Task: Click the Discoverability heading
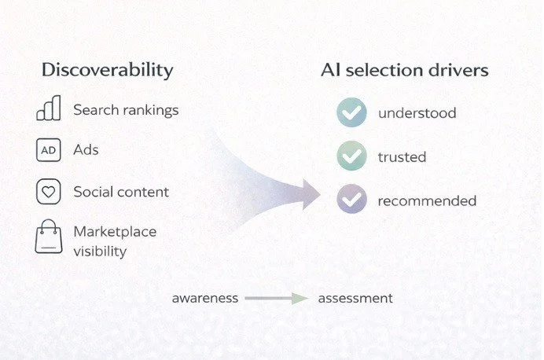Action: coord(107,70)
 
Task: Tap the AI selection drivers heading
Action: coord(404,70)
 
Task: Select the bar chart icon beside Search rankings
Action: coord(48,109)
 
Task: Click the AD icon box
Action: coord(48,149)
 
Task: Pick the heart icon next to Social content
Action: coord(48,191)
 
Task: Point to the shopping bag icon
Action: coord(48,237)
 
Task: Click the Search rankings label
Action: coord(126,110)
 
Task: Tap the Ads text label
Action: coord(86,149)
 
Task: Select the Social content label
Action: coord(121,192)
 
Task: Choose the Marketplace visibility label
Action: coord(115,241)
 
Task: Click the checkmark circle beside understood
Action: coord(351,113)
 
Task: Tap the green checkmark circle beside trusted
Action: coord(351,156)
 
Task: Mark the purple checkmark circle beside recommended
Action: coord(351,200)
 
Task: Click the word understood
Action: coord(417,113)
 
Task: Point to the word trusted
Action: coord(402,157)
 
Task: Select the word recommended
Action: coord(427,200)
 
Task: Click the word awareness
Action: coord(205,299)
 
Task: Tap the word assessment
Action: coord(355,299)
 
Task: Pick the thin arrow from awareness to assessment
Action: coord(276,299)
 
